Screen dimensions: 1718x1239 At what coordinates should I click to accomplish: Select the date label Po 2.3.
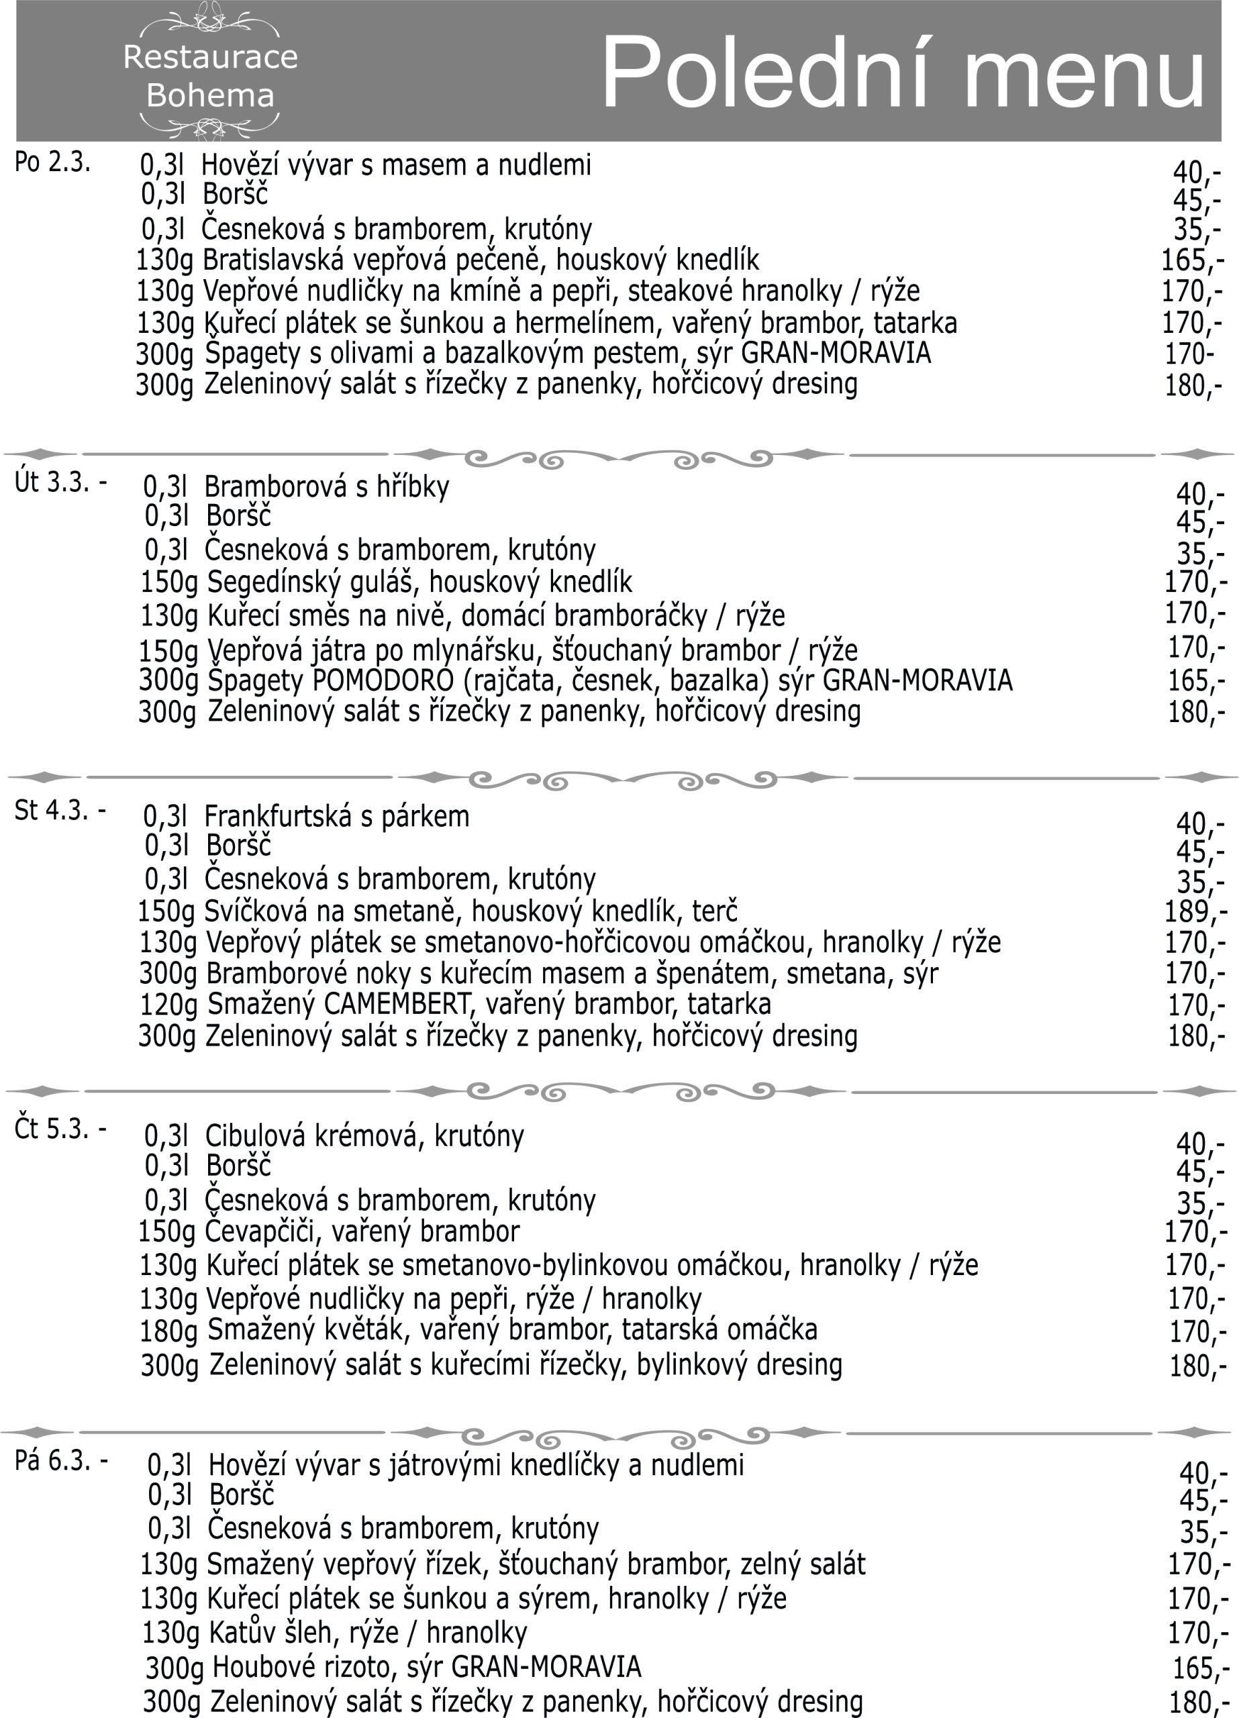click(52, 162)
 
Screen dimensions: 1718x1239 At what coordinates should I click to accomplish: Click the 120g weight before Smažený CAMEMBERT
click(168, 1005)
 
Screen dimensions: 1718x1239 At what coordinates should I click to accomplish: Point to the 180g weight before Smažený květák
click(168, 1331)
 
